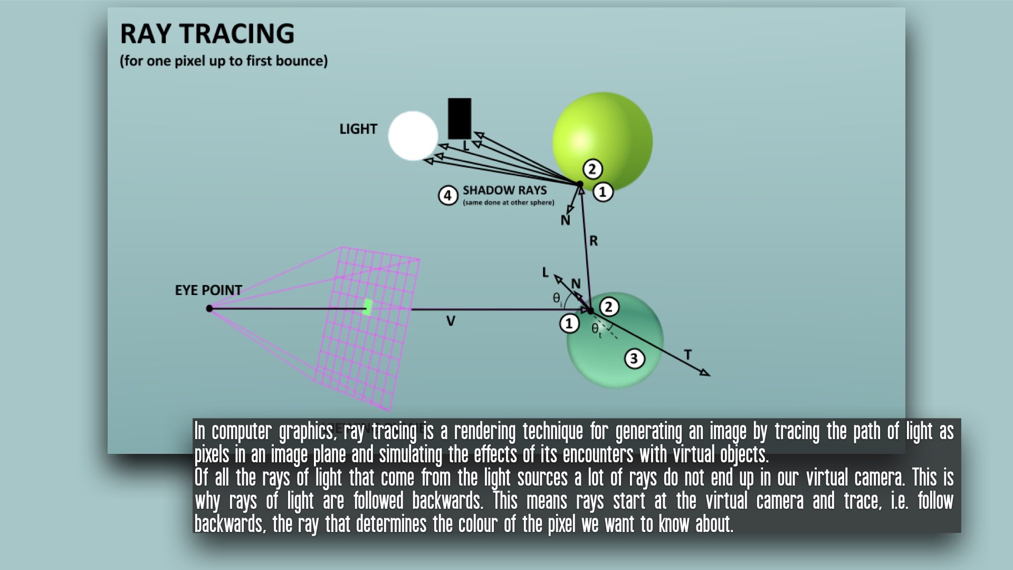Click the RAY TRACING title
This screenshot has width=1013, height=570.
207,34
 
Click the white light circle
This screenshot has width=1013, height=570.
413,136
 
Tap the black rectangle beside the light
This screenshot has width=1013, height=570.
459,118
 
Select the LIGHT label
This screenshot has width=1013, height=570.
358,129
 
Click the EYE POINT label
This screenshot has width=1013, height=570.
208,290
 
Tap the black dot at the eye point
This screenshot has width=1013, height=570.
209,308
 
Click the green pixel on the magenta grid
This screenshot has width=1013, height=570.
368,307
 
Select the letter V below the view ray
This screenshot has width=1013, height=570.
451,321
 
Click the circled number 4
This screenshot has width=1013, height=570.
447,196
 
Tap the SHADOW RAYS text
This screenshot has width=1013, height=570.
504,190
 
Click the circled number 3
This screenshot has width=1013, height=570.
634,359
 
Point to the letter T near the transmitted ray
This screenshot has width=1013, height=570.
687,355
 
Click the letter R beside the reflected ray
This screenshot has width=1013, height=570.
594,241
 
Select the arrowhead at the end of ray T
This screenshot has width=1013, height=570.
705,373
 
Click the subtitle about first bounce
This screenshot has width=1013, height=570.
224,61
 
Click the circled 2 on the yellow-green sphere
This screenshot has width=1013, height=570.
592,169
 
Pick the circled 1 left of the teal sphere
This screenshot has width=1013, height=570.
569,323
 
